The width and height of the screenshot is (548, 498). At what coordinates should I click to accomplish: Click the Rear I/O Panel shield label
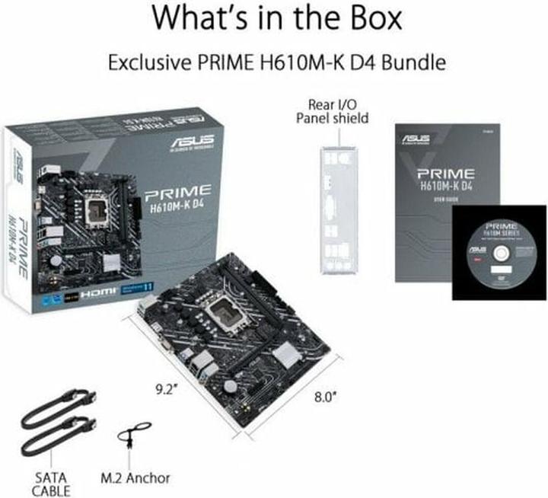(x=333, y=110)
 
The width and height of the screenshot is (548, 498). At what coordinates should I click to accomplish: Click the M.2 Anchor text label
(x=135, y=478)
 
